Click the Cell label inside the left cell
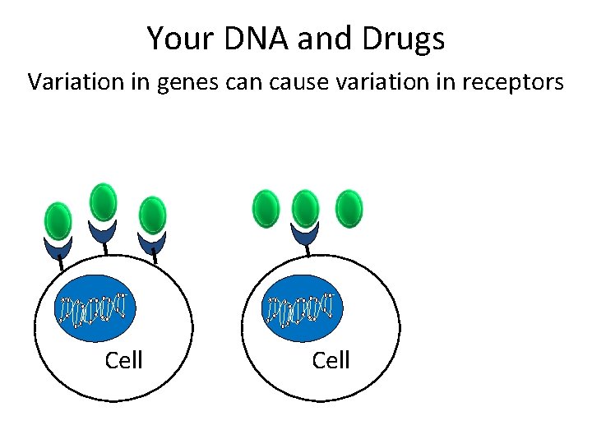124,360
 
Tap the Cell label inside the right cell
331,360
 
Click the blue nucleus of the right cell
303,308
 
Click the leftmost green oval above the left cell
58,220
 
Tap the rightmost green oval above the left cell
153,215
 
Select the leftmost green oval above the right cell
266,207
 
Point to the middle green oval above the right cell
305,207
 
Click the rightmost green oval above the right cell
349,207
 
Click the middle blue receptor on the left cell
103,232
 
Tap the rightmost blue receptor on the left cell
153,243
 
